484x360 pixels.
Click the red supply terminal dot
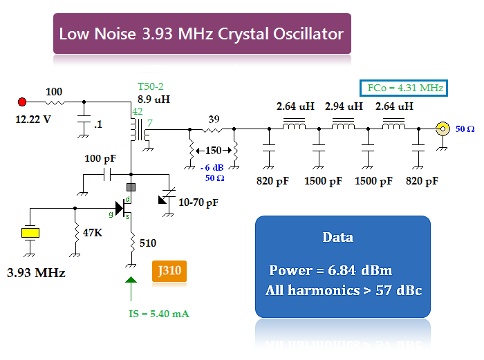click(22, 102)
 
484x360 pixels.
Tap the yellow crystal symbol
click(30, 233)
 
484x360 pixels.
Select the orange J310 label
click(169, 271)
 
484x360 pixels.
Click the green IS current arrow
click(131, 288)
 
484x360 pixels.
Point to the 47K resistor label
click(93, 233)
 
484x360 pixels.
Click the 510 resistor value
click(148, 243)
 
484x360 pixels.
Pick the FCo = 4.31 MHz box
click(403, 88)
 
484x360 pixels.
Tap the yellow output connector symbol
click(443, 129)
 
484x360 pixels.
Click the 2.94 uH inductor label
click(344, 106)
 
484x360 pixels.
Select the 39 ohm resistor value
click(214, 119)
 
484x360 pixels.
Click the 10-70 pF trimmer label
click(198, 202)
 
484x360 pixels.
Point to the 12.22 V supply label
click(33, 120)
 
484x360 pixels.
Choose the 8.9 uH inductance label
click(153, 100)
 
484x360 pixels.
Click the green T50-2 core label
click(150, 86)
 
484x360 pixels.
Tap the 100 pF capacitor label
click(100, 158)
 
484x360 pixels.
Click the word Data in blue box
click(337, 237)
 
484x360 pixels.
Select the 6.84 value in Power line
click(342, 270)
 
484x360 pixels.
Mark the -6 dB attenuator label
click(212, 168)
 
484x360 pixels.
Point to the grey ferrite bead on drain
click(131, 187)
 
